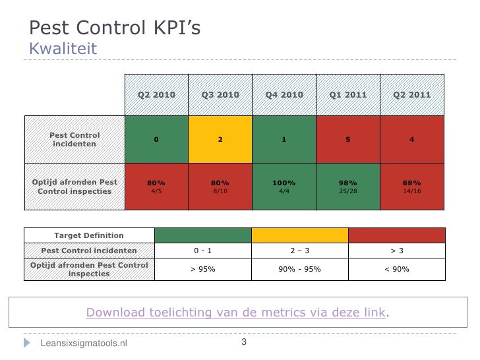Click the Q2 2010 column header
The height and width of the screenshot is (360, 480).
[x=156, y=95]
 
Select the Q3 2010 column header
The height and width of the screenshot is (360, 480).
[x=220, y=95]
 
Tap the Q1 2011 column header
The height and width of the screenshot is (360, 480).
[x=348, y=95]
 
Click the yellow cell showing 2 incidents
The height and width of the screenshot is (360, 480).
[x=220, y=139]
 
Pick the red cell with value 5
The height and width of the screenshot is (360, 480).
[x=348, y=139]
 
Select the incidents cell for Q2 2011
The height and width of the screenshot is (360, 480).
[x=412, y=139]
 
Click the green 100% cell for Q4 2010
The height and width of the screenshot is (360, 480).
[x=284, y=187]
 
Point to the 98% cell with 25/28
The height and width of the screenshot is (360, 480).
[x=348, y=187]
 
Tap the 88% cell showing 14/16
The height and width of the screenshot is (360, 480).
[x=412, y=187]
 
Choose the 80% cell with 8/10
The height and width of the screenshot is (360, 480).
[x=220, y=187]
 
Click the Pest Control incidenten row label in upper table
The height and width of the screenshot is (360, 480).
[x=75, y=139]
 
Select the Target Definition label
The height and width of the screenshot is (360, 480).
[x=89, y=235]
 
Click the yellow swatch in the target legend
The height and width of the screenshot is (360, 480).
[x=300, y=235]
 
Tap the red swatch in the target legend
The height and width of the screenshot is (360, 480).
[x=396, y=235]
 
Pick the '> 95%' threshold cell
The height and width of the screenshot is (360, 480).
[x=203, y=269]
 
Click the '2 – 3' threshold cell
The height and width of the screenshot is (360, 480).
[x=300, y=251]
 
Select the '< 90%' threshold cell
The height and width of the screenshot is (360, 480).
[x=396, y=269]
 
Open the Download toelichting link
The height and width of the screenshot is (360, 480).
[x=235, y=312]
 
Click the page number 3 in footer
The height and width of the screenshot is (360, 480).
[x=243, y=342]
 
